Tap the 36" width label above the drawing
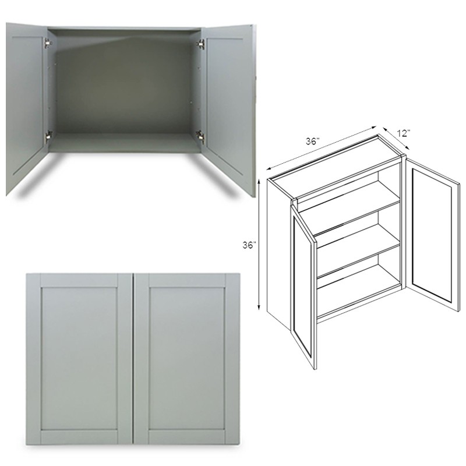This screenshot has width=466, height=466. coord(312,142)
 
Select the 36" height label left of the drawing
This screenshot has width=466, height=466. coord(249,245)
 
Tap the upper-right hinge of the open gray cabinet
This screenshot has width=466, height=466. coord(202,43)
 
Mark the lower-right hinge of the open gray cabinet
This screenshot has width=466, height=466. coord(201,135)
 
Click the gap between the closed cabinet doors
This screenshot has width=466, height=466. coord(133,358)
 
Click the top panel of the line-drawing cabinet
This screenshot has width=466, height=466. coord(335,156)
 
